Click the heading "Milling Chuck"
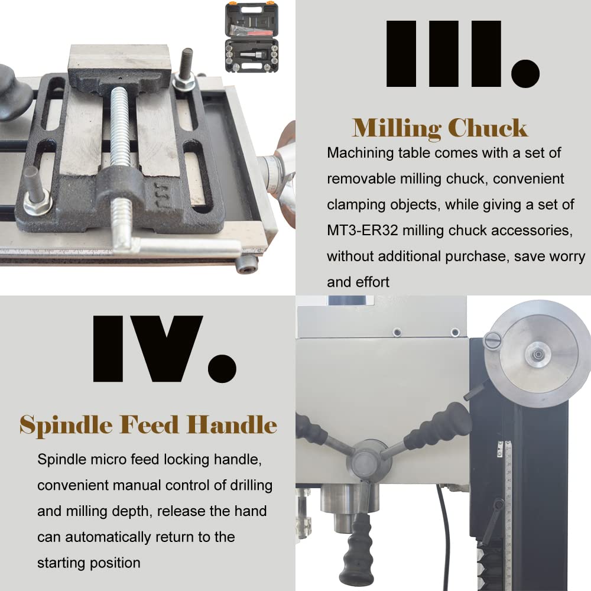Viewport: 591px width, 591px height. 440,128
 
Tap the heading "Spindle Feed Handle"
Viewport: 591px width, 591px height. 148,425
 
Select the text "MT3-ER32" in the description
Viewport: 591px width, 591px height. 362,230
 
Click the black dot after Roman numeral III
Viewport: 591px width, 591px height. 525,73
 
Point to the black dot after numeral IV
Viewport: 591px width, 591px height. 222,368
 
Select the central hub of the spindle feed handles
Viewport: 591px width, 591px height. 365,460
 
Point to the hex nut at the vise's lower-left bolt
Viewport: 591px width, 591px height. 37,203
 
